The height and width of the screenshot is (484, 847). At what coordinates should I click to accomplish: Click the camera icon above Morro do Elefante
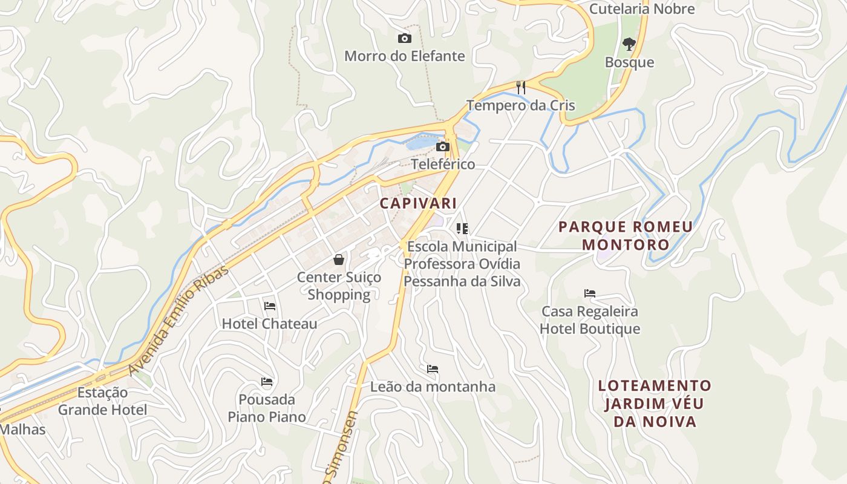coord(405,39)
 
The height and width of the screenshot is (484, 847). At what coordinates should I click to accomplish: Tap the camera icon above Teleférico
coord(443,146)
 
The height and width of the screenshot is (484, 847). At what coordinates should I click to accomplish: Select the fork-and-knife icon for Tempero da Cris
coord(520,87)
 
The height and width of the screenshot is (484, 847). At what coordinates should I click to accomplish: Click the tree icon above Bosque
coord(629,44)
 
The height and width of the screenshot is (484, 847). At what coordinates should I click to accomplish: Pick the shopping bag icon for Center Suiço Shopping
coord(339,260)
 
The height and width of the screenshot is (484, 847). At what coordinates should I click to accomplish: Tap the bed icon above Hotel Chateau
coord(270,306)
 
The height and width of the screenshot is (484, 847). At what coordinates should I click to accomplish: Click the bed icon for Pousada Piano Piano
coord(267,382)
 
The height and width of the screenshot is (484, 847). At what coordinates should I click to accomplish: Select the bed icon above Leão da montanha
coord(433,368)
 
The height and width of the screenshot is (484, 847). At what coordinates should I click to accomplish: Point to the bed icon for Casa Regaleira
coord(590,293)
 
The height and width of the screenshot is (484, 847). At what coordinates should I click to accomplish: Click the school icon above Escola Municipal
coord(462,229)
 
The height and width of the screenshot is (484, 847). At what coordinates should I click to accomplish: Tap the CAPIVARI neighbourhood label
coord(418,203)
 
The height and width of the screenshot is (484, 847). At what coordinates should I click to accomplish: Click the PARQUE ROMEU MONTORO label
coord(626,236)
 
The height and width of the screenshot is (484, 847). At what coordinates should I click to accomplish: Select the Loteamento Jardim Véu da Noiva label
coord(655,404)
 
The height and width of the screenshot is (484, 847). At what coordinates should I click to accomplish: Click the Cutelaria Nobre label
coord(642,9)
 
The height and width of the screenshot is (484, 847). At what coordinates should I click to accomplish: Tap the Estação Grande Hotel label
coord(102,401)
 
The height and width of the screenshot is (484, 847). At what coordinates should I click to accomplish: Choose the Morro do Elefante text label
coord(405,56)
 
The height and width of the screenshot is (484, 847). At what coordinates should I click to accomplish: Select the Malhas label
coord(23,430)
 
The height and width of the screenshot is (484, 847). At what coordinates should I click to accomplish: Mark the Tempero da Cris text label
coord(520,105)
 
